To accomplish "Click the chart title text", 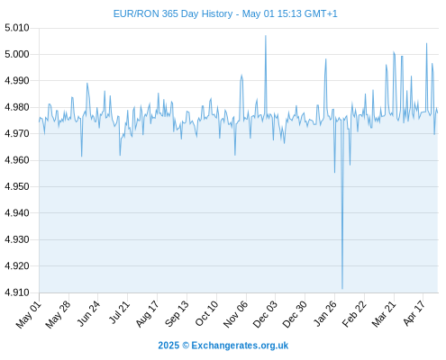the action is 225,13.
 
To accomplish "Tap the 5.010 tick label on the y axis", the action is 17,28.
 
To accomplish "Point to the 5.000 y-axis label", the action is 17,54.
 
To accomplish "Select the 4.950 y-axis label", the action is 17,186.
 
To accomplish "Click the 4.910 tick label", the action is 17,292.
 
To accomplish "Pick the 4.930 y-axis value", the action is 17,239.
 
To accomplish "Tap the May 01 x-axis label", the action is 29,314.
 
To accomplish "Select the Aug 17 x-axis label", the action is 147,314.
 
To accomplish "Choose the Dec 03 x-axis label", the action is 265,314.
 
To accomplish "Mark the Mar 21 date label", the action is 384,314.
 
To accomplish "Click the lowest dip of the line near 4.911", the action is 342,289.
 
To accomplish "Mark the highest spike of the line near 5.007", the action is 266,36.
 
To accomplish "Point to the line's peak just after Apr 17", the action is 426,43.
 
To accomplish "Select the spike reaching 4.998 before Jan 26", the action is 325,59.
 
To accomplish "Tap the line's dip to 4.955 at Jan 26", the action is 334,173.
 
